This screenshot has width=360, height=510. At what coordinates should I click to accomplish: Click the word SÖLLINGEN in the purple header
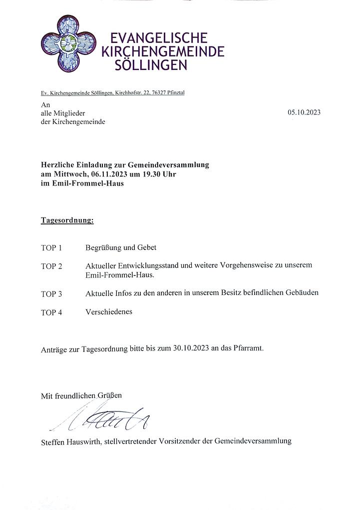[x=151, y=65]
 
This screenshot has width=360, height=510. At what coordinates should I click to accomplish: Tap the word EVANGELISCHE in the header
[x=158, y=38]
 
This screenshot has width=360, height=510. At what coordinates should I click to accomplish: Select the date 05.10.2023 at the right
[x=304, y=112]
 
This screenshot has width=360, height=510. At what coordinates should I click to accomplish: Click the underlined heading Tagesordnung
[x=67, y=220]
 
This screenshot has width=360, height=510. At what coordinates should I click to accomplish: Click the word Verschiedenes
[x=109, y=312]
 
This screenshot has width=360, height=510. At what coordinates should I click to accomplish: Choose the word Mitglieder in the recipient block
[x=68, y=113]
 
